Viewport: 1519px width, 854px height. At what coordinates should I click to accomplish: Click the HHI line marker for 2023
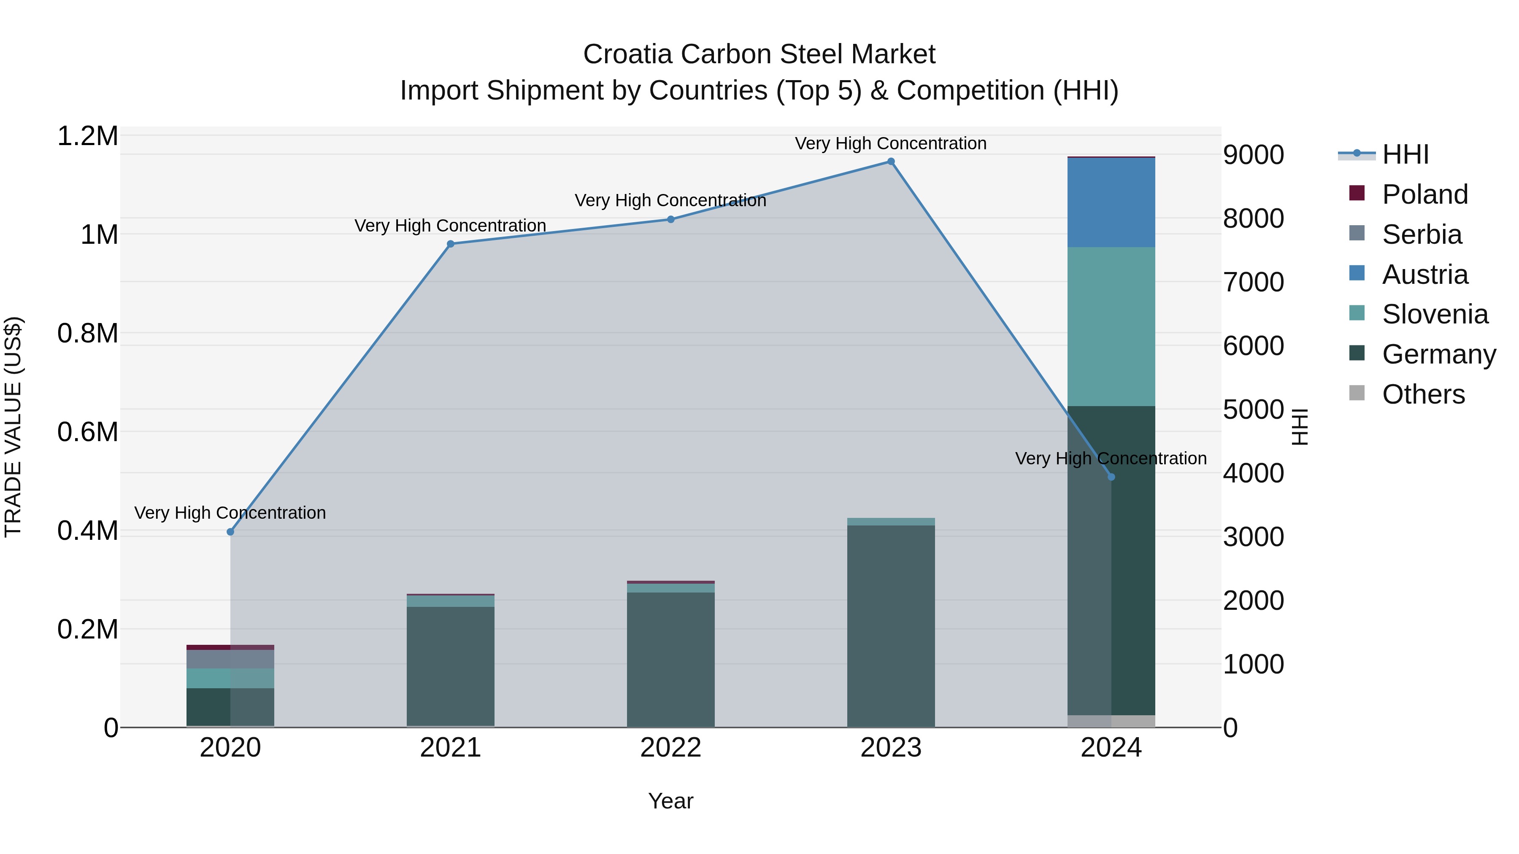click(x=891, y=162)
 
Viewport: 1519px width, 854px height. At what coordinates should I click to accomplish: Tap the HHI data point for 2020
click(x=230, y=532)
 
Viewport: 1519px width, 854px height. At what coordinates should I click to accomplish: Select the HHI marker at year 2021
click(x=451, y=244)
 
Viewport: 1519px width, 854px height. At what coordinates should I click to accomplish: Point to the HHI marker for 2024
click(x=1111, y=477)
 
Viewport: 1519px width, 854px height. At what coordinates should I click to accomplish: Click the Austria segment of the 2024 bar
click(x=1111, y=202)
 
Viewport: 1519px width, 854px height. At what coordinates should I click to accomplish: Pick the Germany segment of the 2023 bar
click(x=891, y=625)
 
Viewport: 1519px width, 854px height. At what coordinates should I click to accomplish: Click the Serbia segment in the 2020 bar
click(x=230, y=659)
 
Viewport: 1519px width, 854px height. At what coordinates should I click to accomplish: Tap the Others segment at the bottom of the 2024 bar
click(x=1111, y=721)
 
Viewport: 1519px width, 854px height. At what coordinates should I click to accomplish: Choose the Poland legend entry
click(x=1424, y=194)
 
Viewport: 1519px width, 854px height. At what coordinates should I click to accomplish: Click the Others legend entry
click(x=1422, y=394)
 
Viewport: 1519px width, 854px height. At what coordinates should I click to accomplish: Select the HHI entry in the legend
click(x=1405, y=154)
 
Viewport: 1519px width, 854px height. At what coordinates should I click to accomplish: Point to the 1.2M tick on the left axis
click(x=87, y=136)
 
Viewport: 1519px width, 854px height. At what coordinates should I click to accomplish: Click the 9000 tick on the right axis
click(x=1254, y=155)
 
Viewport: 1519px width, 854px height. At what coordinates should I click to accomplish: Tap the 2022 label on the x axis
click(x=670, y=748)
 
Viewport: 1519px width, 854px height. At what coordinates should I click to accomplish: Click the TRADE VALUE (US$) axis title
click(x=13, y=427)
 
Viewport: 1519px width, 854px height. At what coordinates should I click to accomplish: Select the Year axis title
click(x=670, y=801)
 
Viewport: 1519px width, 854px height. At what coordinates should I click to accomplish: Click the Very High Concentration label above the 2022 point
click(x=670, y=200)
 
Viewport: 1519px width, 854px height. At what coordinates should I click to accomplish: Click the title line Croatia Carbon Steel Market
click(x=759, y=54)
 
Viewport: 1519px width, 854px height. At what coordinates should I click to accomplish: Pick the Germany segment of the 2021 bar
click(x=451, y=666)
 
